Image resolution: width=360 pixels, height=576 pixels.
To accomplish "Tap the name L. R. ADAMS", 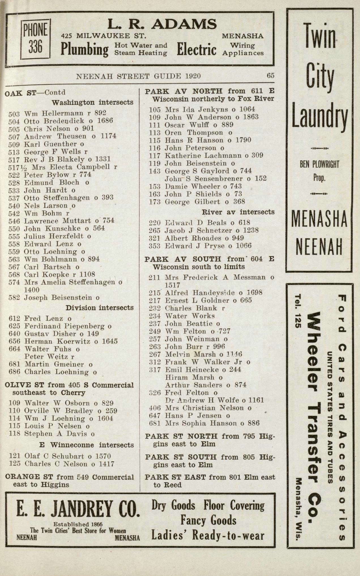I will click(x=162, y=24).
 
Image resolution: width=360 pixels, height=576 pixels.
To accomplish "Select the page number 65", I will click(x=270, y=76).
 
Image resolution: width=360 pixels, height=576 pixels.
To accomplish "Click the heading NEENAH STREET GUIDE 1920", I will click(x=139, y=76).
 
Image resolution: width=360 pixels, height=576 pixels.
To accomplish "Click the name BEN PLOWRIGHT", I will click(x=319, y=164).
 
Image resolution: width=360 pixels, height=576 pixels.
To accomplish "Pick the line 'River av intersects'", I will click(x=238, y=212).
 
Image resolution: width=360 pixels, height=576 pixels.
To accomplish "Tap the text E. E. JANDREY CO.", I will click(x=78, y=509).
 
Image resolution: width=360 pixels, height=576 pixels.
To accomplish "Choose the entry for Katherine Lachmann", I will click(x=203, y=155).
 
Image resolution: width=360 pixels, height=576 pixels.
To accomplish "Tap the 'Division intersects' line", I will click(x=99, y=308).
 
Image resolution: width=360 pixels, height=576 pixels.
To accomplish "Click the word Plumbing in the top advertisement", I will click(x=84, y=49).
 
